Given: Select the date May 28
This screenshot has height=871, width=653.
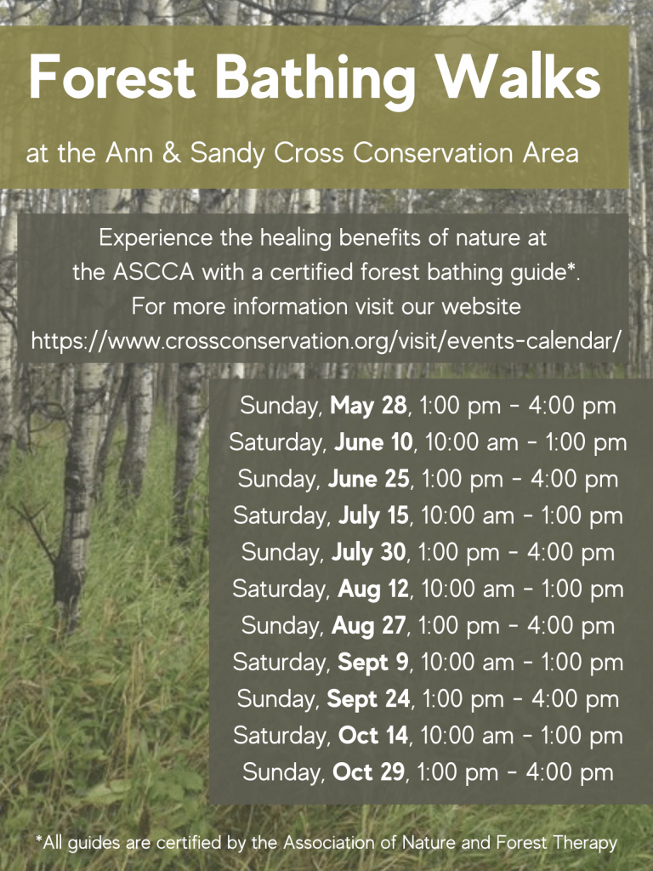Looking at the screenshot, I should click(x=368, y=406).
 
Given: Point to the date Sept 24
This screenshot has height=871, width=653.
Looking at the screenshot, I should click(x=371, y=698).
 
